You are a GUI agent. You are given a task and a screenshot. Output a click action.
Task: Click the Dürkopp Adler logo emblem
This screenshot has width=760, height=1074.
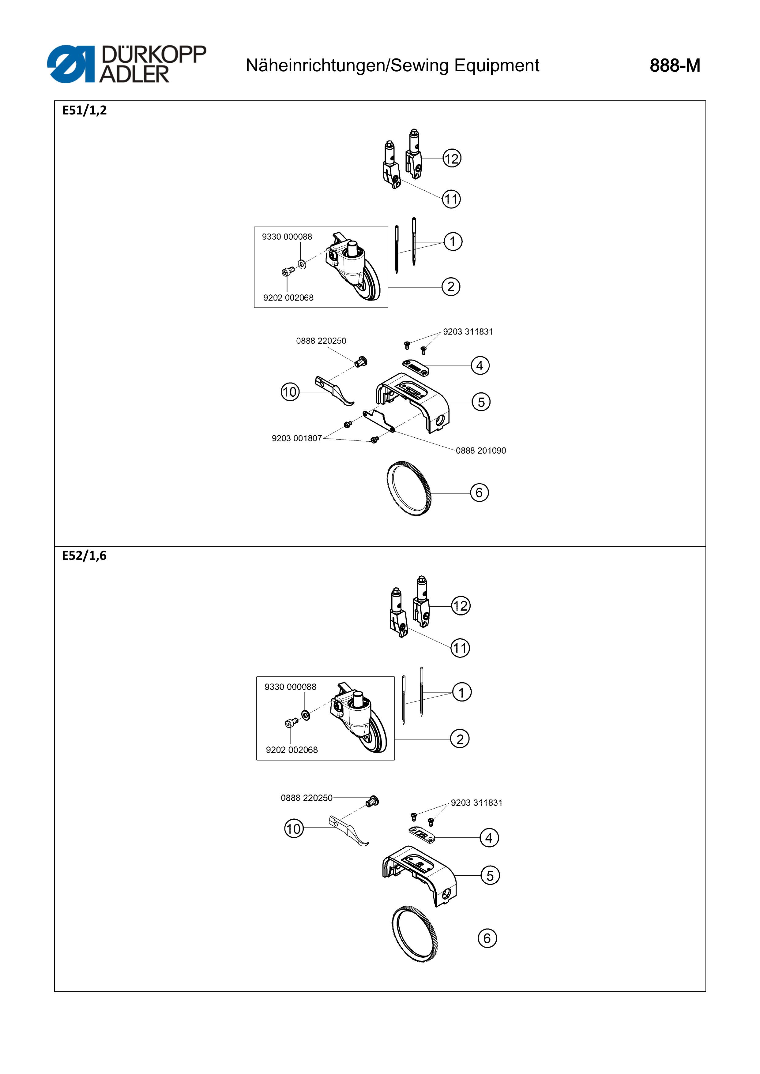tap(71, 64)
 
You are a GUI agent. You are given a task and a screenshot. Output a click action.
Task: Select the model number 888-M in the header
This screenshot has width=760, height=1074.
tap(675, 65)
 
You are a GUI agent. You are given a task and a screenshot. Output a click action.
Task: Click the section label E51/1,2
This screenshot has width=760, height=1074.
tap(84, 110)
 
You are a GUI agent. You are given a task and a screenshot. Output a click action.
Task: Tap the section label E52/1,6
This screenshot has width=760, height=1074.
tap(84, 556)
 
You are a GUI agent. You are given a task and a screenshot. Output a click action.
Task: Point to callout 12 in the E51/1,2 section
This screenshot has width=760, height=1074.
tap(452, 159)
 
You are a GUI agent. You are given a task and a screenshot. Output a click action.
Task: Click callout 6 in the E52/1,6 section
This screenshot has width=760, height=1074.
tap(487, 938)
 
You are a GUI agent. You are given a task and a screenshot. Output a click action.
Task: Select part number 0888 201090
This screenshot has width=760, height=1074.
tap(481, 451)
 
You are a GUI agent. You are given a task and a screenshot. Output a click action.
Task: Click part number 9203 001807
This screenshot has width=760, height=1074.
tap(297, 438)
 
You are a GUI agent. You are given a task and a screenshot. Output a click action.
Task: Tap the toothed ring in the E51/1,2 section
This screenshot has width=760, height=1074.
tap(409, 488)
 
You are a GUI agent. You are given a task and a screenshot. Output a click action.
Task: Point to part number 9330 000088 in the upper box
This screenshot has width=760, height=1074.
tap(287, 237)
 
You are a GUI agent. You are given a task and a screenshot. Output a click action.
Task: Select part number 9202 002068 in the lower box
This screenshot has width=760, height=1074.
tap(292, 750)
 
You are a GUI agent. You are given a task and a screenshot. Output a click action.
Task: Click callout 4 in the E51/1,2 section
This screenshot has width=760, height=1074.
tap(480, 365)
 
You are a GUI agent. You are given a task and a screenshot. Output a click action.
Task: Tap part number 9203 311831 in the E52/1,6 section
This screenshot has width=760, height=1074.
tap(476, 803)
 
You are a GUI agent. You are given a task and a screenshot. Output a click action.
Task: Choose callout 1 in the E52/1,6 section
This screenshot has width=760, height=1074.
tap(461, 692)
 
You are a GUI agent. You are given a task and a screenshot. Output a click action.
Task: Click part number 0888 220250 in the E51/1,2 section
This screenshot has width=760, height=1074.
tap(321, 341)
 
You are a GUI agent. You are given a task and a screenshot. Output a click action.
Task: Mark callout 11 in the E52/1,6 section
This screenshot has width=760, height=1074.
tap(460, 648)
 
